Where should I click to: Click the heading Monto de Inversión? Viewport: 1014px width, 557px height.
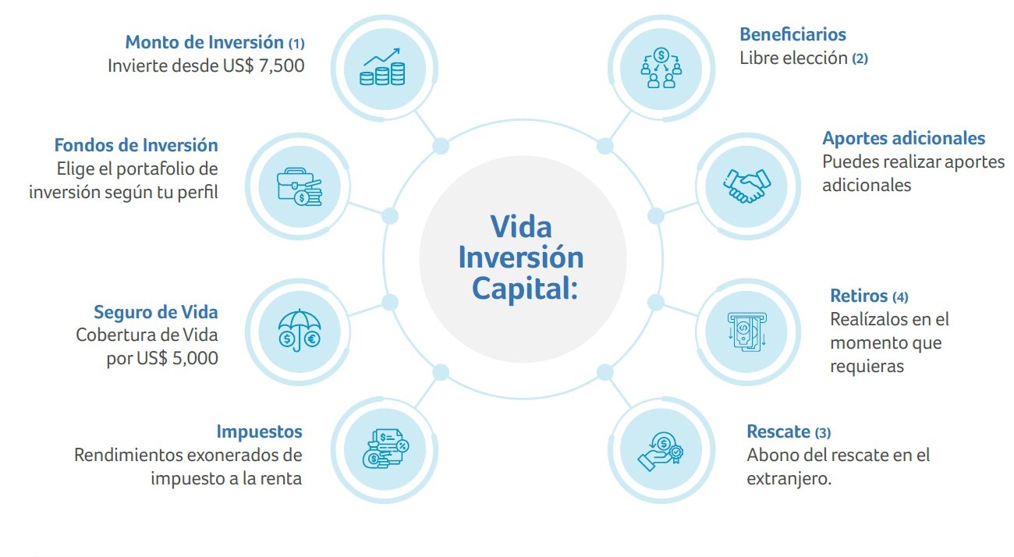[204, 41]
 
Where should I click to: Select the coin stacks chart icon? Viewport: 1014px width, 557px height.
[382, 66]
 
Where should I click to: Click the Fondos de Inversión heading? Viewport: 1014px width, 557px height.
[136, 145]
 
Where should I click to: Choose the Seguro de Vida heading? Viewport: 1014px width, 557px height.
[155, 312]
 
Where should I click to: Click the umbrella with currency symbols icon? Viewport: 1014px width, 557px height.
[300, 332]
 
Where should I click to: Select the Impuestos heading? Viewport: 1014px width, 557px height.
[259, 431]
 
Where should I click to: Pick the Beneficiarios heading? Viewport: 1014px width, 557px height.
[792, 34]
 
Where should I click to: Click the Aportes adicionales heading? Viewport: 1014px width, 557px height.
[903, 138]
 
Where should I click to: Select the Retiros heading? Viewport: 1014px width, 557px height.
[859, 296]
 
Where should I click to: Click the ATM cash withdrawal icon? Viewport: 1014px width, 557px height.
[746, 331]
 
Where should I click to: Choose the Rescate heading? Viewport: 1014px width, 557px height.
[778, 431]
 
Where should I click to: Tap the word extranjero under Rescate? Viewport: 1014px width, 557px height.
[788, 478]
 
